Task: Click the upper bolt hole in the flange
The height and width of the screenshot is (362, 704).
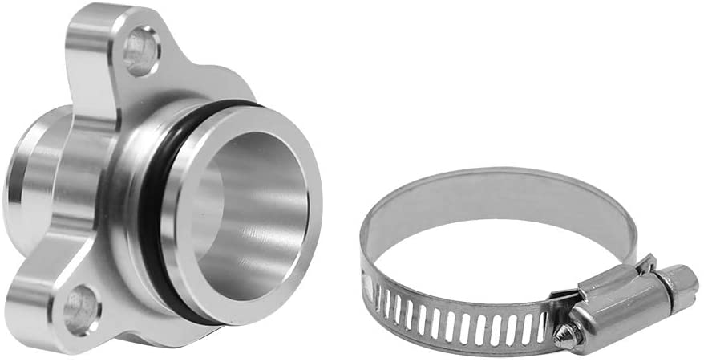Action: (141, 51)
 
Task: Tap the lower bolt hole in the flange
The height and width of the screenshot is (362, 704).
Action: (81, 310)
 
